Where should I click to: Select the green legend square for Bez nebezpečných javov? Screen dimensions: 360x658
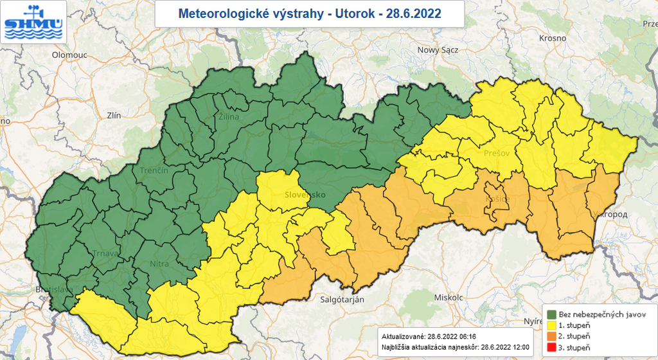[551, 315]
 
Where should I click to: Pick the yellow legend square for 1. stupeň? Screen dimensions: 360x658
[551, 326]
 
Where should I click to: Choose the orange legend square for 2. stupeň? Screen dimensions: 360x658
[551, 337]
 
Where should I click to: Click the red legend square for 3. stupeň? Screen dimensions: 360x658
[551, 348]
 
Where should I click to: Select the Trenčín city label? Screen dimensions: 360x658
[154, 170]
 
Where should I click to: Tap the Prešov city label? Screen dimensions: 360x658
[495, 154]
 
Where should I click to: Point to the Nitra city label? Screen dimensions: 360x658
[159, 263]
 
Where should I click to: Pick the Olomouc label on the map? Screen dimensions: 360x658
[69, 55]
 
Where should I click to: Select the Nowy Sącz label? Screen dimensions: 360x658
[438, 50]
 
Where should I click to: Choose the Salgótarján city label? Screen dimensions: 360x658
[342, 300]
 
